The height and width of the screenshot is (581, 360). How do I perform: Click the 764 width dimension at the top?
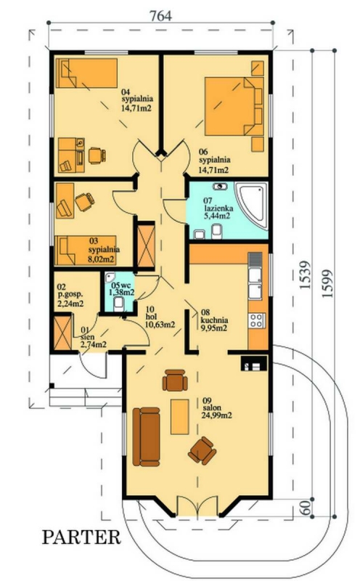160,16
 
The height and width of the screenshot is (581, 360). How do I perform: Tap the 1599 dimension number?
327,284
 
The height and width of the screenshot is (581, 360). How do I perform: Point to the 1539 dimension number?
305,275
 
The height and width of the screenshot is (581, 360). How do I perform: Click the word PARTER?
81,537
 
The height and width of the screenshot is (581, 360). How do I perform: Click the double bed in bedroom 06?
234,106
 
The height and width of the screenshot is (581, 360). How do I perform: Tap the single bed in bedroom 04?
86,73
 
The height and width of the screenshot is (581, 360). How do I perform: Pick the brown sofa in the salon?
147,437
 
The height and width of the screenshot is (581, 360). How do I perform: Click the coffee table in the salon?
179,416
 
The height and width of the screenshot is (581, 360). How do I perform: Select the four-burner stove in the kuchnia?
256,320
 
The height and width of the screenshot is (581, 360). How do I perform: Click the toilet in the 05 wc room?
119,304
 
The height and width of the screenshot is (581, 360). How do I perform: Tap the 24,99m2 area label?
217,415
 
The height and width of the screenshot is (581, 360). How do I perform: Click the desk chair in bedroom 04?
97,155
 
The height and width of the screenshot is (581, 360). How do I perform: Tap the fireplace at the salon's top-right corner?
254,363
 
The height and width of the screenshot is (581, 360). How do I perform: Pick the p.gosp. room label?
70,295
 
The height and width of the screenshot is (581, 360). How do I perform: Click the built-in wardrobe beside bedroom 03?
146,245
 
